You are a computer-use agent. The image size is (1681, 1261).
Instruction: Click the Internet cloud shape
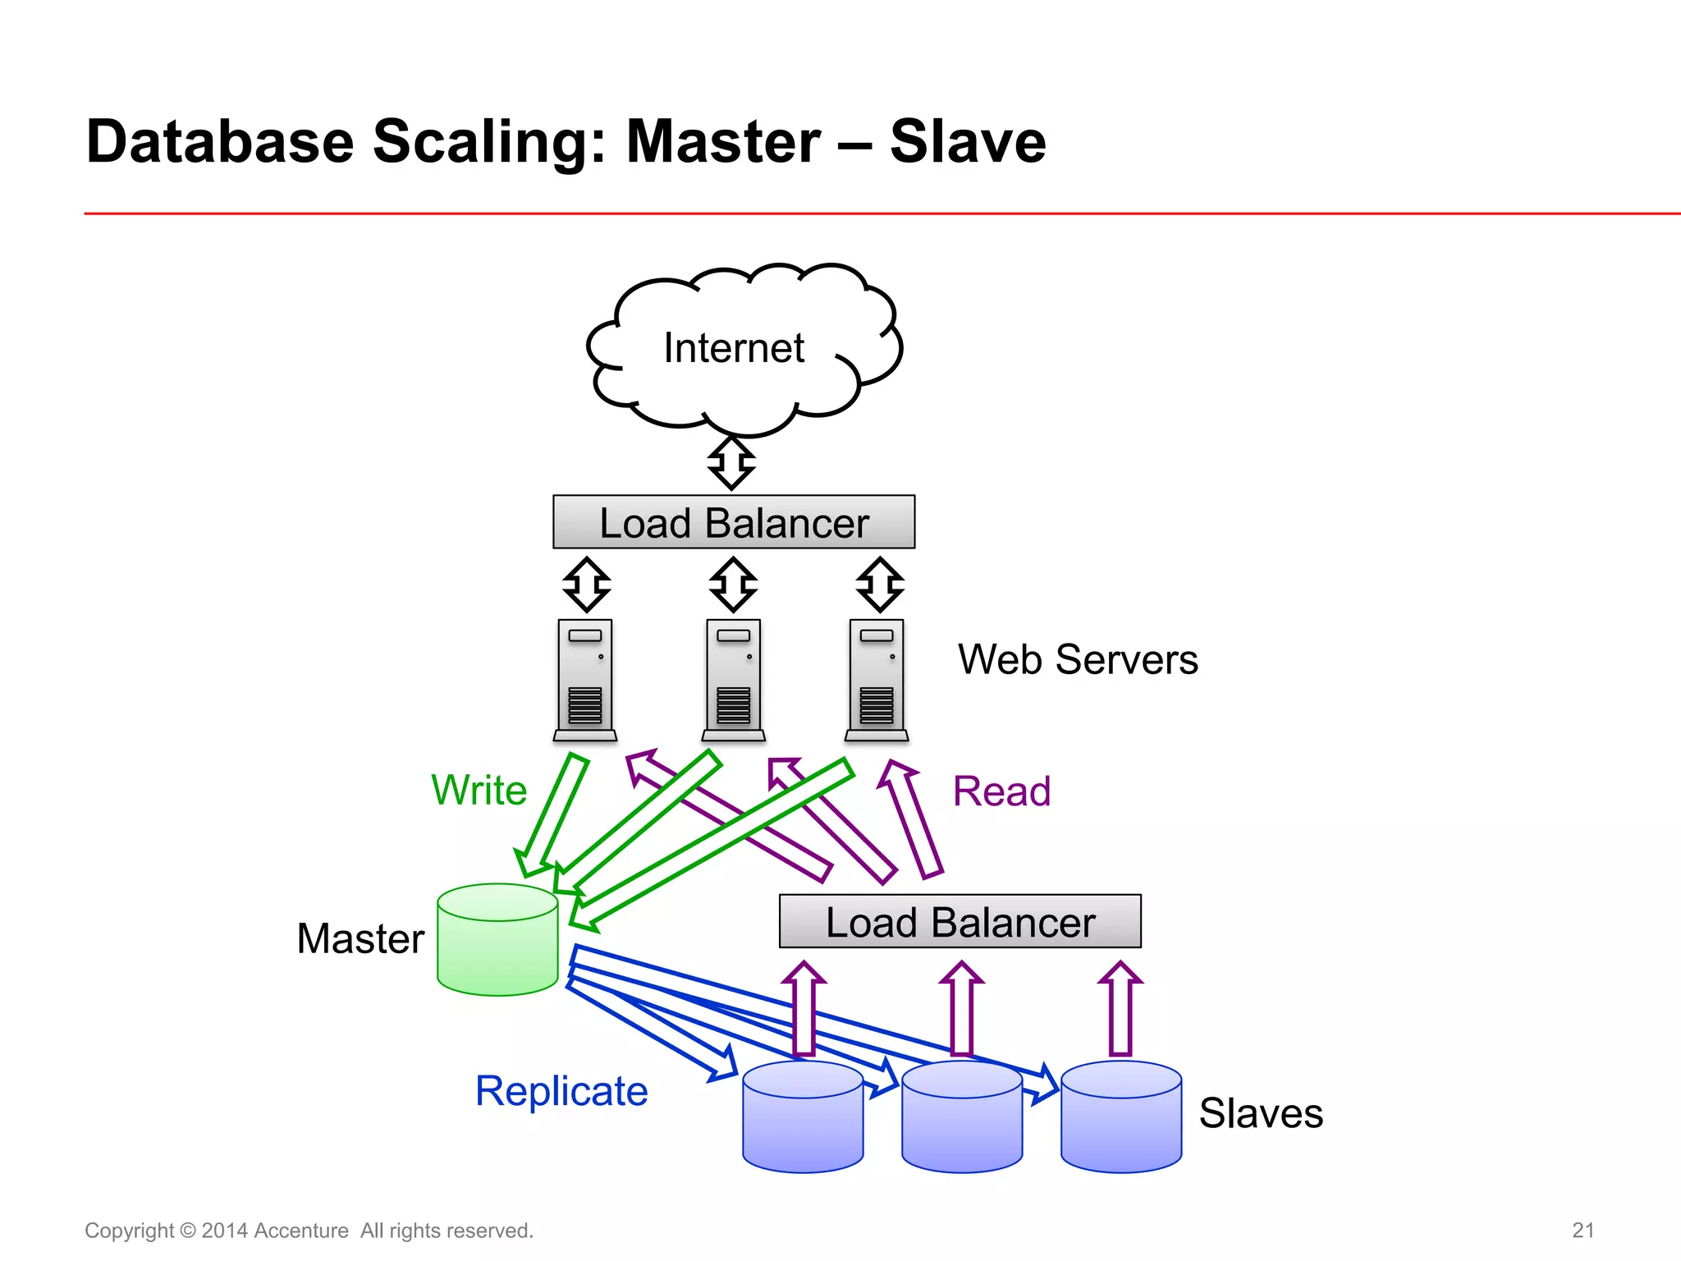[743, 349]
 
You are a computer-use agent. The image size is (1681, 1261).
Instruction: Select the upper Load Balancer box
[733, 522]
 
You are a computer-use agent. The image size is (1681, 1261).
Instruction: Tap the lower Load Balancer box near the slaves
[960, 921]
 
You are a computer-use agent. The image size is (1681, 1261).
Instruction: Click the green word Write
[479, 790]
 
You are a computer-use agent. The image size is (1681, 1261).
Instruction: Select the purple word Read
[1001, 791]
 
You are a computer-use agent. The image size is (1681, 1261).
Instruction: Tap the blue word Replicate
[561, 1091]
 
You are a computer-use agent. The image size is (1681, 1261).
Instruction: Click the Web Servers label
[1078, 659]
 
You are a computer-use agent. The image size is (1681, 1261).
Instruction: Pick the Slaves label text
[1261, 1113]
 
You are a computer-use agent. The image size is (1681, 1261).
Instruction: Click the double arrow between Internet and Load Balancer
[731, 463]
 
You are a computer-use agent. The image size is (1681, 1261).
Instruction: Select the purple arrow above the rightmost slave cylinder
[1120, 1010]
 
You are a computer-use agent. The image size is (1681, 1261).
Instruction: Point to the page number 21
[1583, 1230]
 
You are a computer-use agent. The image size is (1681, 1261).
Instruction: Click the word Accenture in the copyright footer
[300, 1231]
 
